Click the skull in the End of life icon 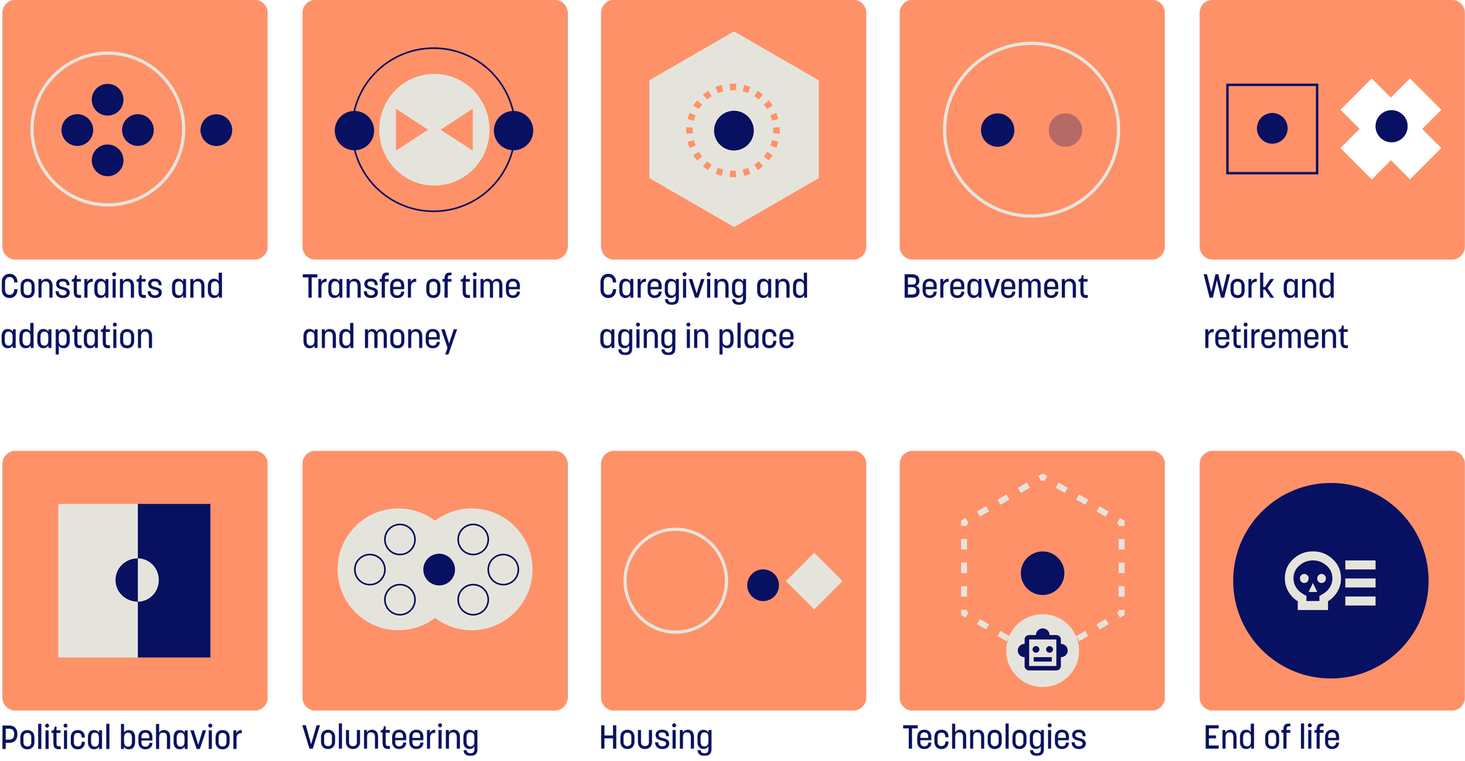[1313, 580]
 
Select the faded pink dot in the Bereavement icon [1065, 130]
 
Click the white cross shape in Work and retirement [1391, 128]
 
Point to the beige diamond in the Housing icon [814, 580]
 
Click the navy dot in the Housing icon [763, 585]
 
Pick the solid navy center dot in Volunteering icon [439, 569]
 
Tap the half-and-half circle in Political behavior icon [137, 580]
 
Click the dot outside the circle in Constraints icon [216, 130]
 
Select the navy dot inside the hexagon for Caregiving [734, 130]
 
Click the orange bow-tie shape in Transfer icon [434, 130]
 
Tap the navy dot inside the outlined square [1272, 128]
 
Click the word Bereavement [995, 287]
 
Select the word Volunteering [391, 738]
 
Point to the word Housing [656, 738]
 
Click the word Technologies [994, 738]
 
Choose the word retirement [1276, 337]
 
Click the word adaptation [77, 337]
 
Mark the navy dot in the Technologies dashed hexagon [1042, 573]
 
